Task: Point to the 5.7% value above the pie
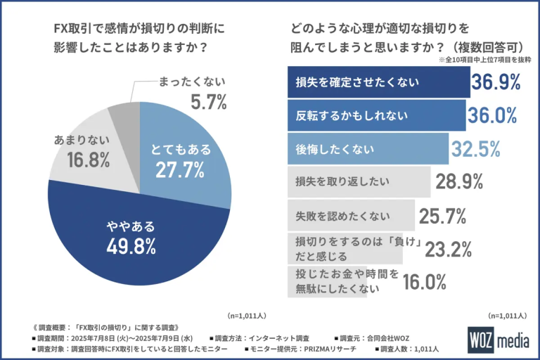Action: (208, 103)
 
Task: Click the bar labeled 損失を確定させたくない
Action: (379, 82)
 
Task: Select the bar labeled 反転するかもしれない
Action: (377, 115)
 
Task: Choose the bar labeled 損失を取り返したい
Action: (359, 181)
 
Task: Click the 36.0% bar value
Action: (494, 115)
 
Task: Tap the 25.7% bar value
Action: (443, 214)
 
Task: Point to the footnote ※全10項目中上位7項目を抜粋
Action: (484, 60)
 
